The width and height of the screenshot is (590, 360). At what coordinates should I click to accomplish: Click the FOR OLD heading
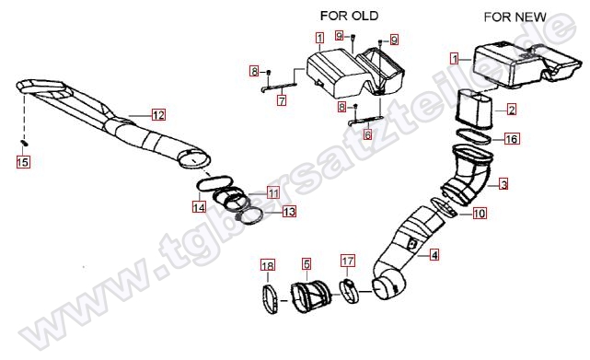(x=349, y=16)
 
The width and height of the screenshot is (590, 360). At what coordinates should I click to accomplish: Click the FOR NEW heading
(x=515, y=17)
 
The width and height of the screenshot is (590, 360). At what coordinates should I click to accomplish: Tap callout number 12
(x=158, y=115)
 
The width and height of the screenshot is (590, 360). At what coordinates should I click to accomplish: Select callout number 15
(x=23, y=162)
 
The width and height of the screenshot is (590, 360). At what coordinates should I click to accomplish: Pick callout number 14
(x=199, y=206)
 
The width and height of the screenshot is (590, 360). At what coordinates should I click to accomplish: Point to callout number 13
(x=289, y=212)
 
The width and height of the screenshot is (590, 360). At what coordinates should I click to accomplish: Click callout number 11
(x=273, y=192)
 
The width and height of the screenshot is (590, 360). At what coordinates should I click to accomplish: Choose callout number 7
(x=282, y=100)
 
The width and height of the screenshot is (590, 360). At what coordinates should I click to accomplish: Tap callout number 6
(x=368, y=134)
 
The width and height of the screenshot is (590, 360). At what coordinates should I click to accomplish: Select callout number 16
(x=512, y=139)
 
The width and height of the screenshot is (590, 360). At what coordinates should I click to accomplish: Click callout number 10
(x=479, y=214)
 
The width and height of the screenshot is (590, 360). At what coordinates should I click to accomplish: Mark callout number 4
(x=434, y=255)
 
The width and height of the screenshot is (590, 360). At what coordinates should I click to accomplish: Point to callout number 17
(x=348, y=261)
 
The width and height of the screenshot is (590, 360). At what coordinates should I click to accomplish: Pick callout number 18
(x=268, y=266)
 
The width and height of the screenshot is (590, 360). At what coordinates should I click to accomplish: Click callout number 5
(x=307, y=263)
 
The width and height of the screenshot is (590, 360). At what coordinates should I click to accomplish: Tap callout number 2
(x=512, y=110)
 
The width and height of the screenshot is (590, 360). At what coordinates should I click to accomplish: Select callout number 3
(x=503, y=184)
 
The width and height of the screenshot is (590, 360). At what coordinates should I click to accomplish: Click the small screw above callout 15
(x=23, y=143)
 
